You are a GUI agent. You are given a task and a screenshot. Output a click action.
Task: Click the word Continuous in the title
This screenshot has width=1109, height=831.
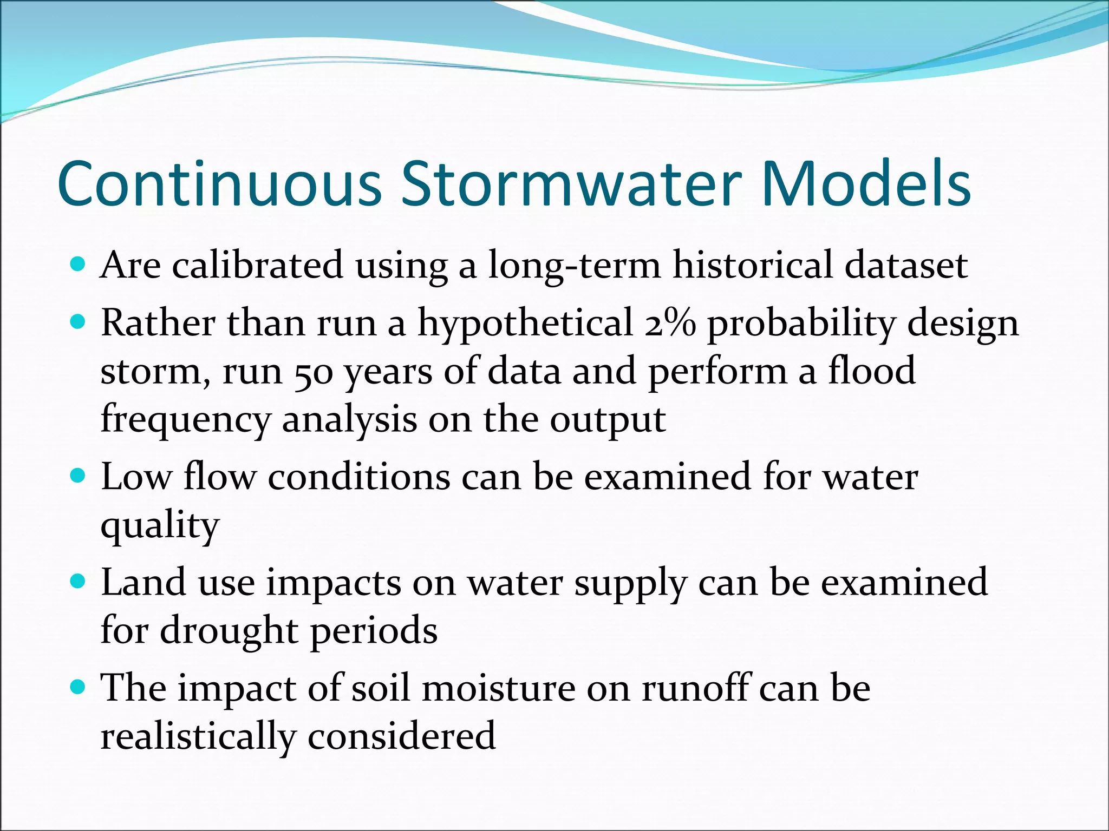pos(219,184)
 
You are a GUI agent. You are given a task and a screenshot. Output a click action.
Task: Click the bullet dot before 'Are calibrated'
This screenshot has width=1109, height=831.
pos(79,265)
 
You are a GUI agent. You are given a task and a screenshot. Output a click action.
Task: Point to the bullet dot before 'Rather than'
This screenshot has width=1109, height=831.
pos(79,322)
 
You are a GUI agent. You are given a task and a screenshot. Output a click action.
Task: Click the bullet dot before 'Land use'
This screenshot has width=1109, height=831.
pos(79,582)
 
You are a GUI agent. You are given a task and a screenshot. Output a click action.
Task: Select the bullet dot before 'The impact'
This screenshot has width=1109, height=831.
pos(79,688)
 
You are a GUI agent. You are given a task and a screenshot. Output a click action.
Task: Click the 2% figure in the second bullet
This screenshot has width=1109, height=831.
pos(670,324)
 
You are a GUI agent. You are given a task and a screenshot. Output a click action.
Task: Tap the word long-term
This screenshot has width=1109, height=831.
pos(574,266)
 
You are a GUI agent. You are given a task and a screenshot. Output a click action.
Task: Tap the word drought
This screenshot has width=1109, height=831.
pos(229,631)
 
